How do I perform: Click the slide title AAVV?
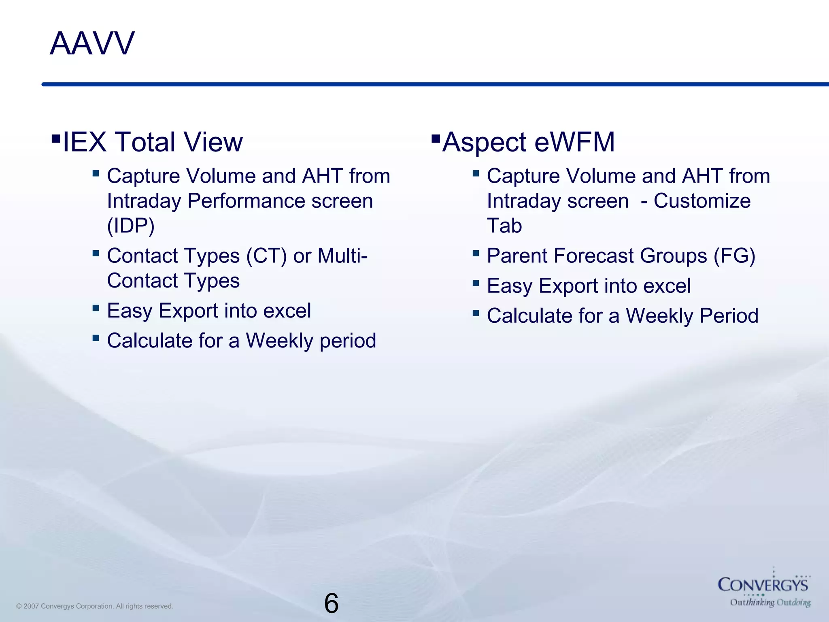[92, 44]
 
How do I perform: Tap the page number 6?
[331, 603]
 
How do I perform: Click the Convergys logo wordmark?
[763, 585]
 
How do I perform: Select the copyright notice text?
[95, 606]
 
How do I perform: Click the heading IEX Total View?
[152, 142]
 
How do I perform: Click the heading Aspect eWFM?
[528, 142]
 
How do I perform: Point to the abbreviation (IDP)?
[130, 226]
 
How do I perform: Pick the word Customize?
[702, 201]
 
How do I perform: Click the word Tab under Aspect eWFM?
[504, 226]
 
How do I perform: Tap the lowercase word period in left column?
[348, 341]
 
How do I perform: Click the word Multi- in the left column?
[342, 256]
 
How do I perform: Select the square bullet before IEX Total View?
[56, 140]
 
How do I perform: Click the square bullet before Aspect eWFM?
[436, 140]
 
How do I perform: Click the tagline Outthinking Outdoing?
[770, 603]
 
